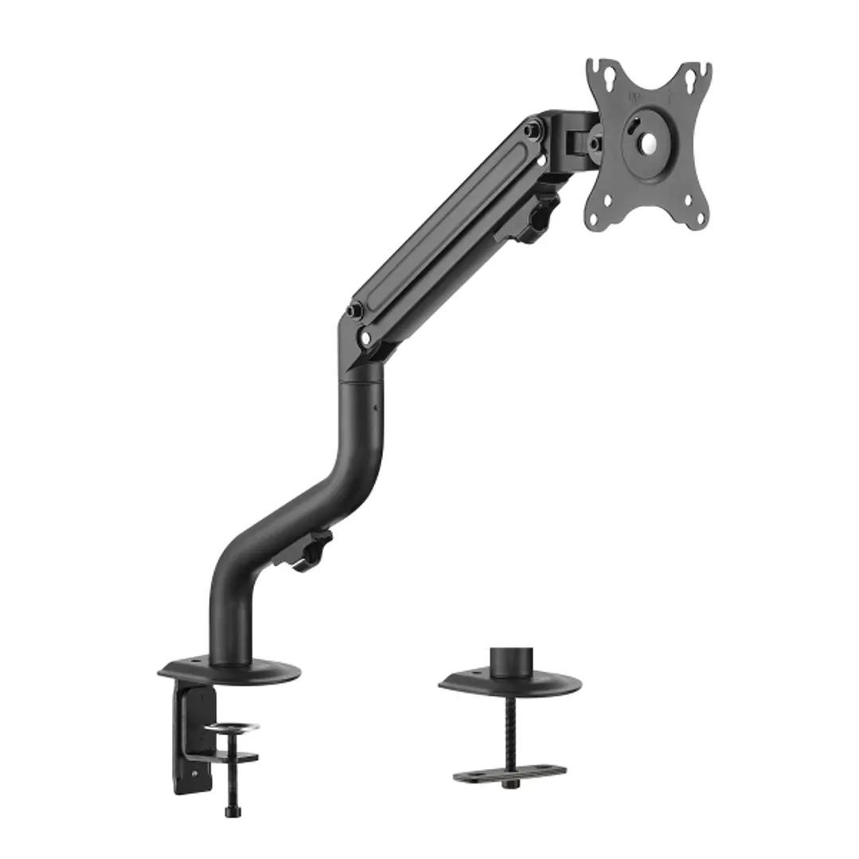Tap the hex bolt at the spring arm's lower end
354,310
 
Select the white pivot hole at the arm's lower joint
365,338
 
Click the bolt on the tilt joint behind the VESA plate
595,143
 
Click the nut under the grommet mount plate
510,784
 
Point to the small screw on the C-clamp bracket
195,771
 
